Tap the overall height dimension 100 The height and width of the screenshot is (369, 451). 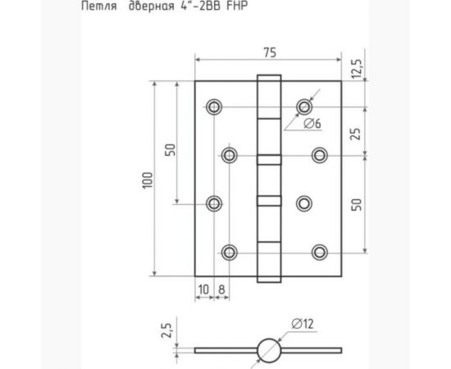[147, 179]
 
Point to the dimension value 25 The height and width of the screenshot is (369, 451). [356, 130]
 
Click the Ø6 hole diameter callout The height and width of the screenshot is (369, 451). [311, 124]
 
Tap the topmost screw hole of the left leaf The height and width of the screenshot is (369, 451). [214, 107]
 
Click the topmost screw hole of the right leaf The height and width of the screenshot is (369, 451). [305, 106]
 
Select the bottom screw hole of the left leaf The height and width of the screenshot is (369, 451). [229, 251]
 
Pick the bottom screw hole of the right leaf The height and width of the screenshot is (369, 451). [320, 251]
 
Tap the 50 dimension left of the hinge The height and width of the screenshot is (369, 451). [170, 149]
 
